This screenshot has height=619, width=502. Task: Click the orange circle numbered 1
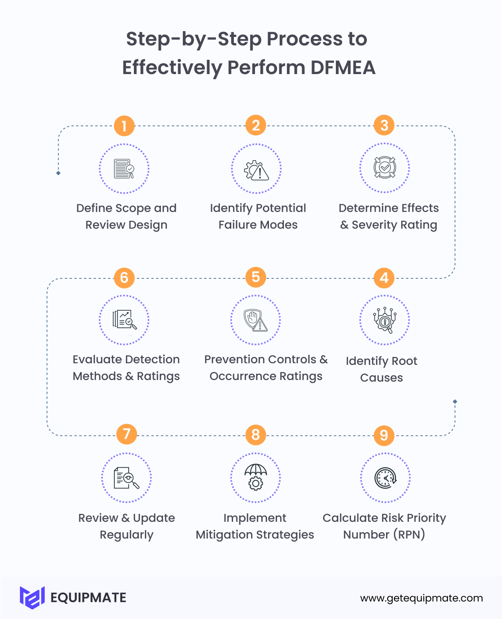(x=124, y=126)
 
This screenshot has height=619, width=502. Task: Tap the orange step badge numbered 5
(x=256, y=277)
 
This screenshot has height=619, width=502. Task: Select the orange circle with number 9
(x=384, y=435)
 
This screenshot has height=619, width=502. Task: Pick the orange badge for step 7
(x=127, y=434)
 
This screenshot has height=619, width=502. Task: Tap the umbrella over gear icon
(x=255, y=477)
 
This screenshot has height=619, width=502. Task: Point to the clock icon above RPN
(x=385, y=478)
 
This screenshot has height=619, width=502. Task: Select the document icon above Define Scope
(x=124, y=169)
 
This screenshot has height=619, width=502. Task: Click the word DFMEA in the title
(x=343, y=67)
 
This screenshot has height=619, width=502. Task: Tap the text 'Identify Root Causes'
(x=381, y=369)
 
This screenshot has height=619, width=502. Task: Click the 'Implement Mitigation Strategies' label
(x=255, y=526)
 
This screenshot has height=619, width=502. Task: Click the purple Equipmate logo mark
(x=32, y=597)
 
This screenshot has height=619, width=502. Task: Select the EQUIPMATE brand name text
(x=88, y=598)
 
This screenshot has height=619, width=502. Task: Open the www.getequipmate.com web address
(x=422, y=598)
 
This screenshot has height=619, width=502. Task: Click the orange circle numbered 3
(x=384, y=125)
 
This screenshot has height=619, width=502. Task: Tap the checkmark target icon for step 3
(x=384, y=168)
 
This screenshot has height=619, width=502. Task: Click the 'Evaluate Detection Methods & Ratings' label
(x=126, y=368)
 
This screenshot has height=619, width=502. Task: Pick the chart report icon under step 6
(x=124, y=319)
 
